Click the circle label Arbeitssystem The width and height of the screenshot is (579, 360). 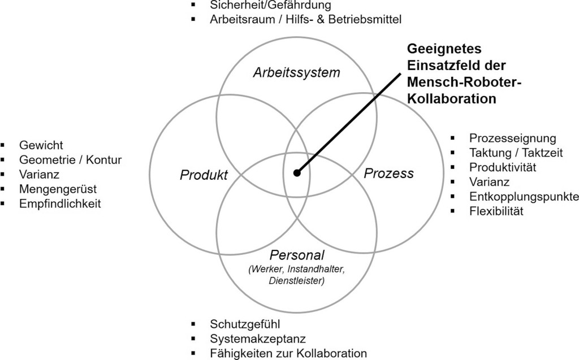pos(296,73)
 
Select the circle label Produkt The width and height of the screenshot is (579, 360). pos(204,175)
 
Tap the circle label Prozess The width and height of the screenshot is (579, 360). pos(388,173)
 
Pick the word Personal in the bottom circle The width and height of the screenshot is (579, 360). pos(296,256)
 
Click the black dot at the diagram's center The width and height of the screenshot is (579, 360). pos(297,173)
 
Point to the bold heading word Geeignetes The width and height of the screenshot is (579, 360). pos(445,49)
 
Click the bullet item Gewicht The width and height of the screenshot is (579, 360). pos(41,145)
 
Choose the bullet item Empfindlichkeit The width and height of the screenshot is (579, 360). pos(60,203)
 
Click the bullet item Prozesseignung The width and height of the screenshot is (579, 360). pos(513,138)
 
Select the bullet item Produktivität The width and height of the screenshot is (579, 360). pos(503,167)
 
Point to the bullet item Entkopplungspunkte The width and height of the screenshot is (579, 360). pos(524,197)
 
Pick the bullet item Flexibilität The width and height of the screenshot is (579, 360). pos(496,211)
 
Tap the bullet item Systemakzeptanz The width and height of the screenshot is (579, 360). pos(258,339)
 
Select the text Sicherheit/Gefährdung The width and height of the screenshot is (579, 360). pos(261,5)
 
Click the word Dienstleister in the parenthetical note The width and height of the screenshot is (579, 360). pos(296,280)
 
